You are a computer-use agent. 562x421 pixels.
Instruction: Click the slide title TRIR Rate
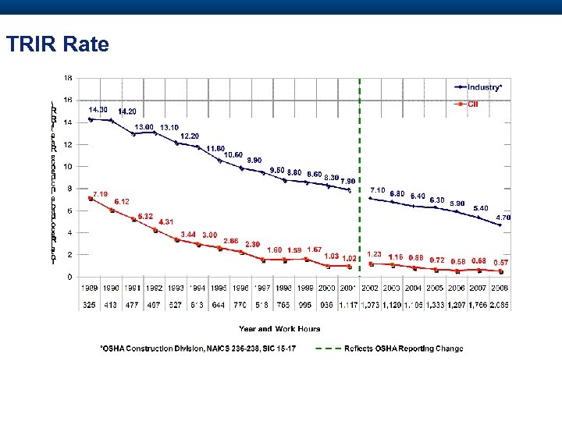coord(57,44)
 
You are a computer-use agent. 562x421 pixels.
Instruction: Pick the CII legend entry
coord(472,104)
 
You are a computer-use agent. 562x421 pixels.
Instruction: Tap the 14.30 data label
coord(98,109)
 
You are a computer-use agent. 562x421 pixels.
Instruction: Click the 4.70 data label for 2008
coord(503,218)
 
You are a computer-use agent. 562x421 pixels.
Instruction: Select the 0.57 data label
coord(500,263)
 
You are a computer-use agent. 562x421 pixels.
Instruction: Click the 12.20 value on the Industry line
coord(190,136)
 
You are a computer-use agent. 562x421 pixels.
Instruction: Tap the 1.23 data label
coord(374,254)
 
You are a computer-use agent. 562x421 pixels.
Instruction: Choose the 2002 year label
coord(370,289)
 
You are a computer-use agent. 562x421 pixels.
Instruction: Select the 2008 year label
coord(500,289)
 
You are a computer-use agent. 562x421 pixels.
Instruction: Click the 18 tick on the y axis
coord(68,78)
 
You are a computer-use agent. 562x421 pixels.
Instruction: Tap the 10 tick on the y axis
coord(68,166)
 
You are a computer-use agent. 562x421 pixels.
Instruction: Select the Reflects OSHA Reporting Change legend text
coord(404,348)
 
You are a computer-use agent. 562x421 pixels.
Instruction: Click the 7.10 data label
coord(378,189)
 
